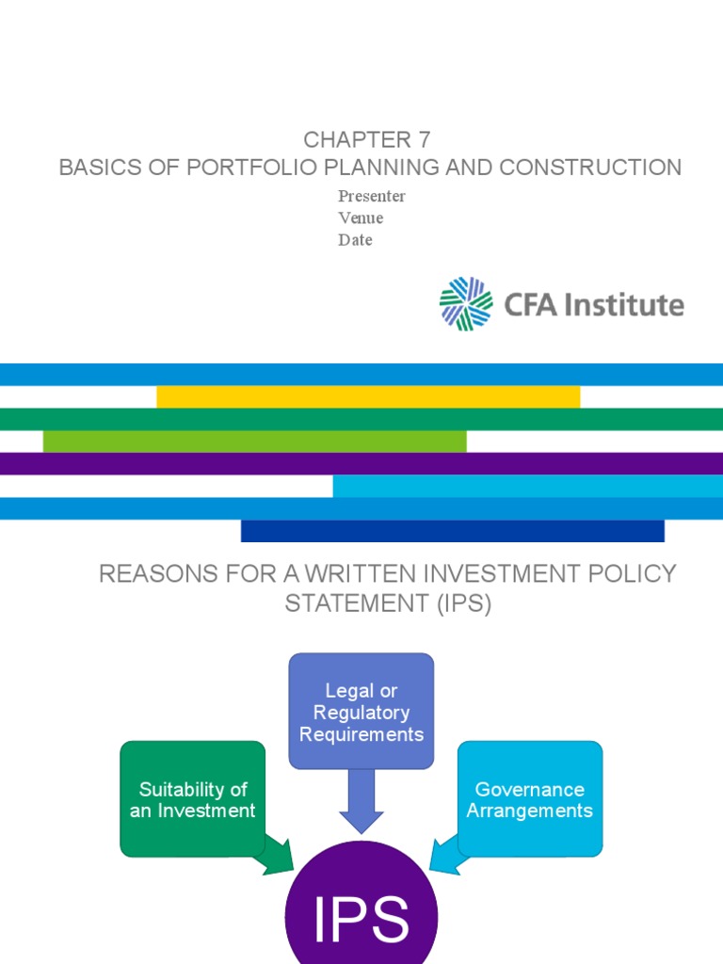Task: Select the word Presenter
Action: click(372, 196)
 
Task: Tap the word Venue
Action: click(361, 218)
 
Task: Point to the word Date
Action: click(355, 240)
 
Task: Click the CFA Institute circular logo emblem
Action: click(466, 304)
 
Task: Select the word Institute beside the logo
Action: click(626, 305)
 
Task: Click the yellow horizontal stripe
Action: click(368, 396)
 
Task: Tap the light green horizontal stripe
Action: click(254, 441)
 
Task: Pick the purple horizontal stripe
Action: click(361, 463)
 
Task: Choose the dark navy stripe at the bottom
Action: click(452, 531)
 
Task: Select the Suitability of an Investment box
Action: click(193, 799)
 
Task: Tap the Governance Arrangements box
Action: click(530, 799)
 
